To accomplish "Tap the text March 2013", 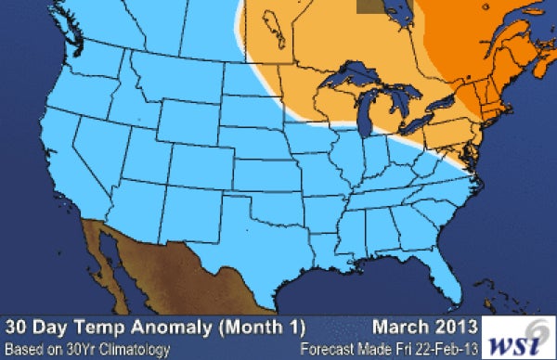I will (x=427, y=327).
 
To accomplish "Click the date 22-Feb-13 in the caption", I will (x=443, y=349).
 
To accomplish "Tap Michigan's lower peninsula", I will (x=390, y=116).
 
